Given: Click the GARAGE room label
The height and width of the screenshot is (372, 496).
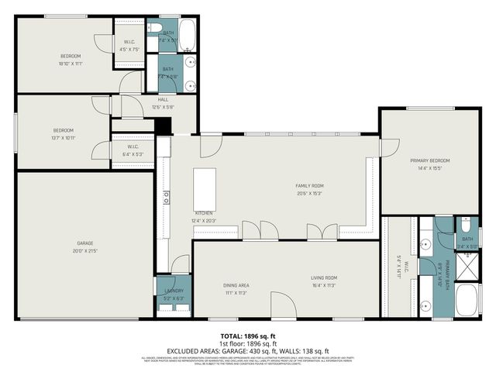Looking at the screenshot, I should [x=86, y=243].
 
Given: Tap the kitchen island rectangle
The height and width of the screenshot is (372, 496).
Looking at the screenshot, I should [x=205, y=187].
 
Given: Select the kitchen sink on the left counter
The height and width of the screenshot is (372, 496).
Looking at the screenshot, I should [x=166, y=198].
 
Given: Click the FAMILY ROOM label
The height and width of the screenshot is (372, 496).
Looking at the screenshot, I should [x=309, y=186].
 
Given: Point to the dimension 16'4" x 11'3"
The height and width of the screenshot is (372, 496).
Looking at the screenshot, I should [x=325, y=285].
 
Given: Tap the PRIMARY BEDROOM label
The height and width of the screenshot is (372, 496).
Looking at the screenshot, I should [x=429, y=160].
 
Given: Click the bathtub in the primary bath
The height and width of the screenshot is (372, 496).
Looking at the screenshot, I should [x=468, y=300].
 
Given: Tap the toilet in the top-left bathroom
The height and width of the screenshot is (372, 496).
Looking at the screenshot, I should [x=154, y=28].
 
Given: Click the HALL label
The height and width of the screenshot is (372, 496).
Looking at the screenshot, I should [x=164, y=99].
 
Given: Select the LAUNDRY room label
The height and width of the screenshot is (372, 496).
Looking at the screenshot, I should [x=173, y=291].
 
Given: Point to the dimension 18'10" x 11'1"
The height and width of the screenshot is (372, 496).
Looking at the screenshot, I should [x=71, y=64].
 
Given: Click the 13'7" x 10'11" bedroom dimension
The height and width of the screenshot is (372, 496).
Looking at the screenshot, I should [x=64, y=137].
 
